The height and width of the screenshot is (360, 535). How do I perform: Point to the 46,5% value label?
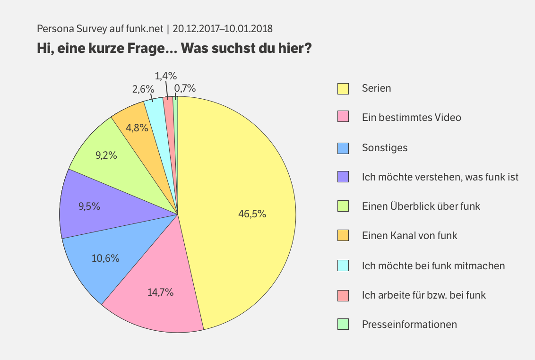pyautogui.click(x=252, y=214)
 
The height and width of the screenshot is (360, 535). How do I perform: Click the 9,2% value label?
pyautogui.click(x=106, y=155)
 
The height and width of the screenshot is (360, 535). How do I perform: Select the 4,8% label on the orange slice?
pyautogui.click(x=138, y=127)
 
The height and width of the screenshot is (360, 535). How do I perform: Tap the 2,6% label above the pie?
pyautogui.click(x=143, y=88)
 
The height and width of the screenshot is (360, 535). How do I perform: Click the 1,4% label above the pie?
pyautogui.click(x=166, y=76)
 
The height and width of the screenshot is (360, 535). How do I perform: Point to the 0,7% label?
pyautogui.click(x=185, y=88)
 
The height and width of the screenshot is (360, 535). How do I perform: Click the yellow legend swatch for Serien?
pyautogui.click(x=343, y=88)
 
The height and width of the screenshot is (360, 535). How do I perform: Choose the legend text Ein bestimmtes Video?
pyautogui.click(x=411, y=117)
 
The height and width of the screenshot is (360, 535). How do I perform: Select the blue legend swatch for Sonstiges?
pyautogui.click(x=343, y=147)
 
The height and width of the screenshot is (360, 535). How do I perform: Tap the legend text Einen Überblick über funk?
pyautogui.click(x=421, y=206)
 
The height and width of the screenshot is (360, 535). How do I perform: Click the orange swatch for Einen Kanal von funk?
pyautogui.click(x=343, y=235)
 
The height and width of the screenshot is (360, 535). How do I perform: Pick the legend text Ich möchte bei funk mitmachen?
pyautogui.click(x=433, y=266)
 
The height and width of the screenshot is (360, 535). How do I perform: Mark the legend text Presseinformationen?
pyautogui.click(x=409, y=324)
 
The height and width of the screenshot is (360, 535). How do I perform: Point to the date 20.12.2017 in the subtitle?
pyautogui.click(x=195, y=28)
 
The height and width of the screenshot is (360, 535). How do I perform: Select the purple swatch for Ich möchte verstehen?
pyautogui.click(x=343, y=177)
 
